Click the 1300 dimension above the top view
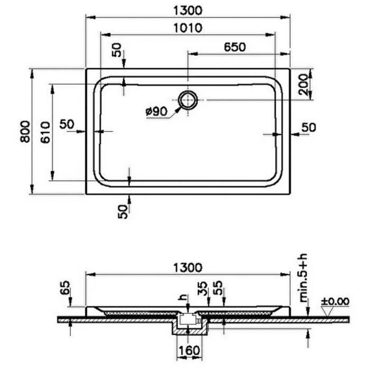coord(188,11)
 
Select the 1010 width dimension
coord(188,28)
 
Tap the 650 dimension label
coord(235,47)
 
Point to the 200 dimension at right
coord(303,85)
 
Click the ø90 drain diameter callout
coord(156,111)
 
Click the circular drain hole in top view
coord(188,100)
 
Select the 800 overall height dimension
coord(25,132)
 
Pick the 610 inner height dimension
coord(45,132)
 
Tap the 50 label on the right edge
coord(309,127)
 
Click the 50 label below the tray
coord(123,211)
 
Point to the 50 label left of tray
coord(67,124)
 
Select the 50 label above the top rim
coord(117,50)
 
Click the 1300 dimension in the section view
coord(188,267)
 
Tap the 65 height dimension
coord(65,288)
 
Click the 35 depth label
coord(202,288)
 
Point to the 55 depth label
coord(218,288)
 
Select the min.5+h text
coord(304,277)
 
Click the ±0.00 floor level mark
coord(335,301)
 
